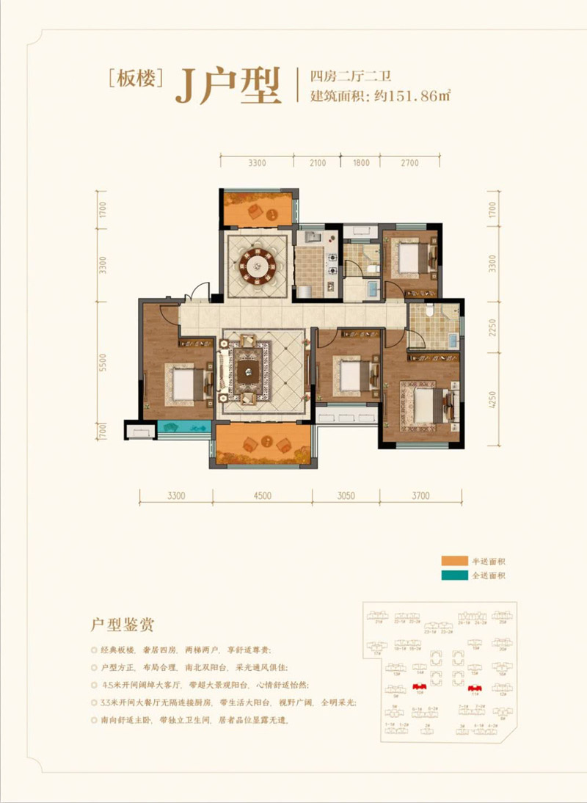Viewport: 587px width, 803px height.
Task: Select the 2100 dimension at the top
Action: point(317,163)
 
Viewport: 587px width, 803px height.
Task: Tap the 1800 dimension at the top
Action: point(361,163)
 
